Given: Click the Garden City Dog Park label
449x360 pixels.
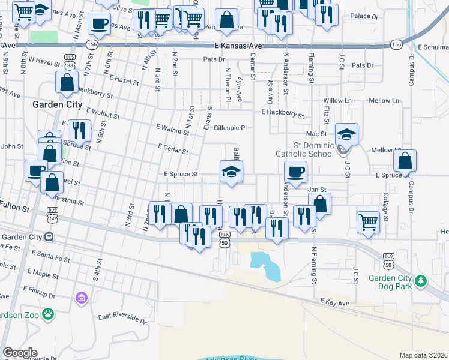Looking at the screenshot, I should pos(390,283).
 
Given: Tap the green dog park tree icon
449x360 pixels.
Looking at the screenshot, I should pos(421,280).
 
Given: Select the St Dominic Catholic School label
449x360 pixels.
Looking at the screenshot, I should pos(312,149).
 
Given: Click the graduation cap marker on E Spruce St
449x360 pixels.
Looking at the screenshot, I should pos(231,172).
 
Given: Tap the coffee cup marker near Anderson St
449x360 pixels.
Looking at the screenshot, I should pos(295,172).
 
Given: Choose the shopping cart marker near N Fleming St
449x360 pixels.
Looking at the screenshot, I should pos(369,221).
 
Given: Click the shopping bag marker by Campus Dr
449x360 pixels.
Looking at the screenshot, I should pos(406,161).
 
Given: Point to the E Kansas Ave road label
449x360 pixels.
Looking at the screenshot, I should pos(239,46).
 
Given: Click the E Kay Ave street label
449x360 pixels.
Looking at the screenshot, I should pos(334,302).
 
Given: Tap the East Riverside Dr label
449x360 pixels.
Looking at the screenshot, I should pos(122,316).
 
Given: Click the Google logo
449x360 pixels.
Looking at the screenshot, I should pos(20,353).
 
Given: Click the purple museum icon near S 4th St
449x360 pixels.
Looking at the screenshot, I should pos(81,298).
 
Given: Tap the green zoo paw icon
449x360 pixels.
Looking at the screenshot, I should pos(49,314).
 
